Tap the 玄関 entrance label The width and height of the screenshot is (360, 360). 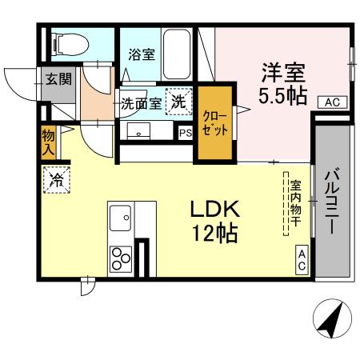point(57,79)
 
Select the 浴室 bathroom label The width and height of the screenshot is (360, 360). point(142,55)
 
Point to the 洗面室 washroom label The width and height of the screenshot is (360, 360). point(141,102)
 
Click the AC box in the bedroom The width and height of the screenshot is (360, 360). point(334,102)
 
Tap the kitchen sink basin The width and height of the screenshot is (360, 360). point(122,218)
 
